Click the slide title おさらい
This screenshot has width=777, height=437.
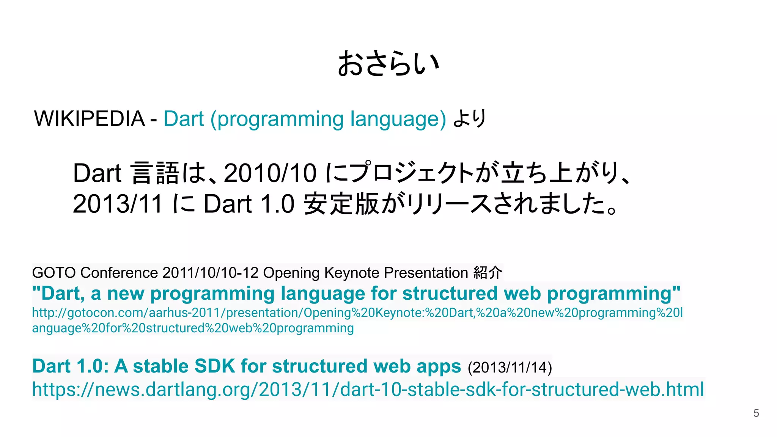(x=388, y=64)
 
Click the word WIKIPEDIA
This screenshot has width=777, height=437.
(x=90, y=119)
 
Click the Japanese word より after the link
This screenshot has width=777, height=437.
(x=470, y=119)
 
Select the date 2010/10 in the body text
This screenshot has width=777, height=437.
(x=270, y=173)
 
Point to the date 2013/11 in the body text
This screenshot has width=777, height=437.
(x=118, y=204)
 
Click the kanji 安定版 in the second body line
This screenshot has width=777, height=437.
(x=341, y=204)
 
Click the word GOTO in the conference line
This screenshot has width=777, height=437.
(x=54, y=273)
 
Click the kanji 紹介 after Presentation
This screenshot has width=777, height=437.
(x=488, y=273)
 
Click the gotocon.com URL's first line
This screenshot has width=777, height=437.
(x=357, y=313)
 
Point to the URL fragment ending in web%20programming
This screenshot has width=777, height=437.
(x=193, y=328)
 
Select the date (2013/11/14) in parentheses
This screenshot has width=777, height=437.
(x=510, y=368)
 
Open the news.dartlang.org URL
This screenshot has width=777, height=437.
(x=368, y=390)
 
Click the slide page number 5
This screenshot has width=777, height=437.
(x=756, y=413)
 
